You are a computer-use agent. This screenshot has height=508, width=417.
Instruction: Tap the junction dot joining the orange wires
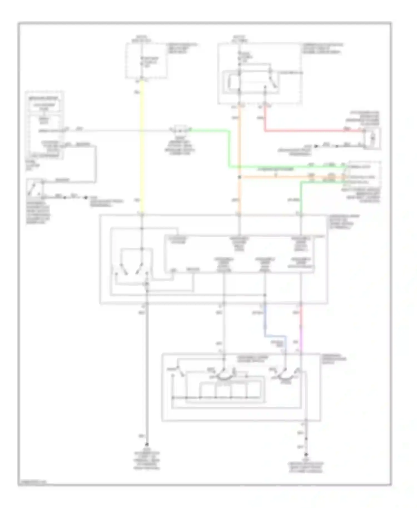pyautogui.click(x=240, y=177)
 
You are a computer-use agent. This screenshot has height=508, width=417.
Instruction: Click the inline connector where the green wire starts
pyautogui.click(x=180, y=130)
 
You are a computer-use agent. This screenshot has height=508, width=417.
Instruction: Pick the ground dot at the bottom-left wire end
pyautogui.click(x=147, y=444)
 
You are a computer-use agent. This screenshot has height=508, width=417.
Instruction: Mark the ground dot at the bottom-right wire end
pyautogui.click(x=306, y=455)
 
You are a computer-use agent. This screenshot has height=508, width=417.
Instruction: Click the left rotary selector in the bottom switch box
pyautogui.click(x=222, y=374)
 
